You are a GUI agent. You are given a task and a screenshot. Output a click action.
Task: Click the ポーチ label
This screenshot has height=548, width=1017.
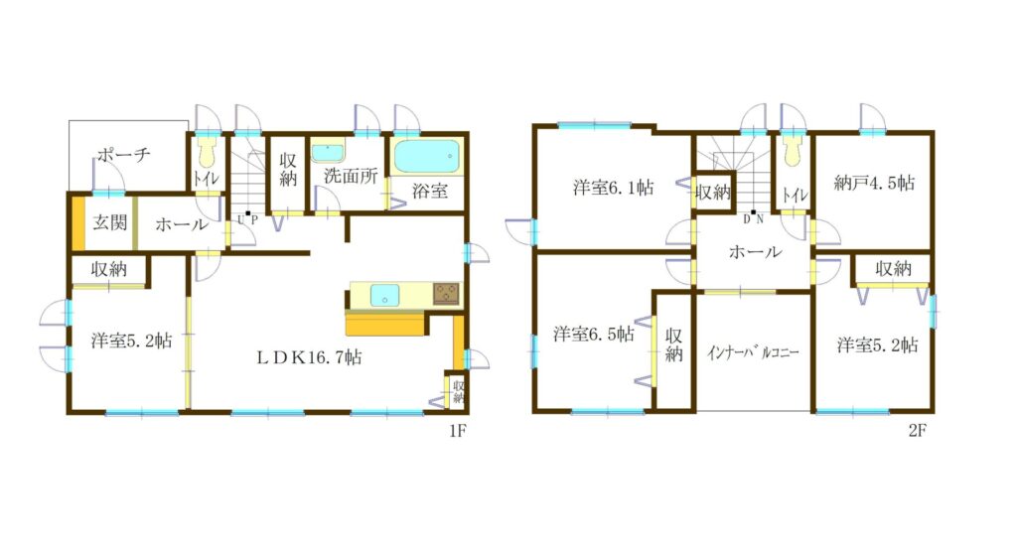point(123,154)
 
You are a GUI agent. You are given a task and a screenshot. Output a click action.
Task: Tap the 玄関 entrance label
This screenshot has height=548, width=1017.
point(109,222)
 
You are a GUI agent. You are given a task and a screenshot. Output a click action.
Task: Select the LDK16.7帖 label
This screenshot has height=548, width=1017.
point(309,357)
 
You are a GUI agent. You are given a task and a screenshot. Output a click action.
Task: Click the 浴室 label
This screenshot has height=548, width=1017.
point(430,191)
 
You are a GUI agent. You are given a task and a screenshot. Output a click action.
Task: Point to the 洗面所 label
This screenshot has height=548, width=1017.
point(351,175)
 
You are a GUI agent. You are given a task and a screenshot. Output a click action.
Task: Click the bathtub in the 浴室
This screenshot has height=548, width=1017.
point(427,156)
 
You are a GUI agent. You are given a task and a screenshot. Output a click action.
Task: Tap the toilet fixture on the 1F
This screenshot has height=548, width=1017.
point(207,153)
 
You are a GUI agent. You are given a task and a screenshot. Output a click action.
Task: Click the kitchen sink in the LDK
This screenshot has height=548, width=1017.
point(384,295)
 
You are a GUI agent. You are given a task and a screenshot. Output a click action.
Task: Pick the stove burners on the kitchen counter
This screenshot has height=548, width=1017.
point(446,294)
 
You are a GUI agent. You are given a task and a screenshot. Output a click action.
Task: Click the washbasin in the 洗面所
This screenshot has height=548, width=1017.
point(328,153)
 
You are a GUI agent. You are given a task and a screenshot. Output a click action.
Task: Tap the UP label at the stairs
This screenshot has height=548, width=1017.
point(247,219)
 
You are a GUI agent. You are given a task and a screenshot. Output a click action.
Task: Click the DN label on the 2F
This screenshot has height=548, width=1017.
point(753,218)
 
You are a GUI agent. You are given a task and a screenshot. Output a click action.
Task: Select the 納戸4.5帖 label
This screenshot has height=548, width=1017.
point(874,183)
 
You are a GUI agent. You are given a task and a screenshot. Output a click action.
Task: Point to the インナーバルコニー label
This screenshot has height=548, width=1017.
point(753,352)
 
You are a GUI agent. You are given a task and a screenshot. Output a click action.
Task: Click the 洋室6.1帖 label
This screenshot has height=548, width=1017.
point(613,188)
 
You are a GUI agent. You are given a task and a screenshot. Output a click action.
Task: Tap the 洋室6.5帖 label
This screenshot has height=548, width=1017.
point(594,335)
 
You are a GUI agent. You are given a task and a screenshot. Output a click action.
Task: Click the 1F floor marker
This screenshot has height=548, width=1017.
point(458,430)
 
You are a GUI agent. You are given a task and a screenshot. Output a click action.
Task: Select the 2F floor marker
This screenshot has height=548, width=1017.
point(917,430)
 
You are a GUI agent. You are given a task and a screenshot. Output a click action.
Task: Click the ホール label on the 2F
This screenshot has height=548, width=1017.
point(755,251)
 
